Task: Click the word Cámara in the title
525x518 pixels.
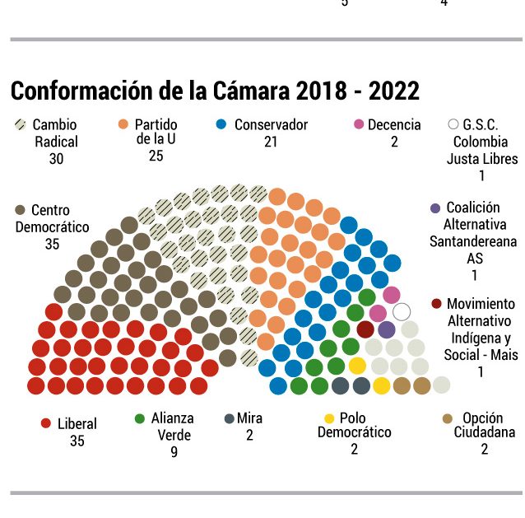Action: click(x=251, y=91)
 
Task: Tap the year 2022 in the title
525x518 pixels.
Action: click(x=393, y=91)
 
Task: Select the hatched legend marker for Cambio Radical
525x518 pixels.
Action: click(x=21, y=124)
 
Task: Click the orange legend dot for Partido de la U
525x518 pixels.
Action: click(x=123, y=124)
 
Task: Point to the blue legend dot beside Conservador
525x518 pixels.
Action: click(x=221, y=124)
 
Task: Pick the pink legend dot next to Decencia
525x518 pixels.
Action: click(x=359, y=124)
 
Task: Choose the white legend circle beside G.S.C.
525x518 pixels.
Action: click(x=453, y=124)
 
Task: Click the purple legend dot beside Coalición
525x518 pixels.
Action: click(x=435, y=208)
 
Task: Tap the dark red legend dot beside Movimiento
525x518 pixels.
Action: click(x=436, y=304)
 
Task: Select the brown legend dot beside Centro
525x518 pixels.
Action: click(x=20, y=210)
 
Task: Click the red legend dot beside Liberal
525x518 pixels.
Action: click(x=45, y=423)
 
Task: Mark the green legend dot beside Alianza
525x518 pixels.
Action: click(x=139, y=418)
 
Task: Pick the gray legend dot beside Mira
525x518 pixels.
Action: click(x=229, y=418)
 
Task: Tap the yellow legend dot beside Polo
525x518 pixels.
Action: click(x=329, y=418)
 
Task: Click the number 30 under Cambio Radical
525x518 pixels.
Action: click(x=56, y=159)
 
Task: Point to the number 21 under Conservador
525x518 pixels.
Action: click(x=271, y=142)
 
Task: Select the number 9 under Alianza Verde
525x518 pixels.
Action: click(x=174, y=452)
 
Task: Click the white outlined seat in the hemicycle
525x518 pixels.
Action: click(x=402, y=311)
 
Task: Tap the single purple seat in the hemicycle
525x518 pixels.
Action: click(x=387, y=329)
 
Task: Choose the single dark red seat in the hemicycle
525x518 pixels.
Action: click(x=365, y=329)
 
